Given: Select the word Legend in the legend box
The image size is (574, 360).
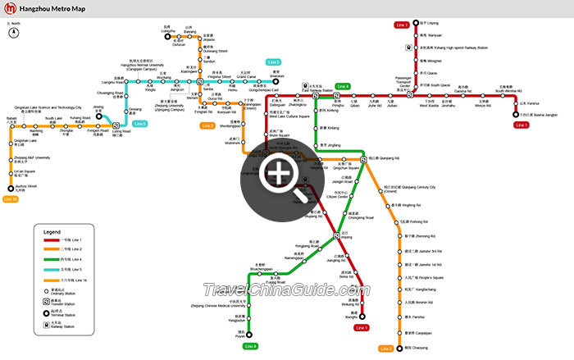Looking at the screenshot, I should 52,232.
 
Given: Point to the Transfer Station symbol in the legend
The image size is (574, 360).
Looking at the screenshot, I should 47,300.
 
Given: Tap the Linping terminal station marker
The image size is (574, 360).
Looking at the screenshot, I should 412,24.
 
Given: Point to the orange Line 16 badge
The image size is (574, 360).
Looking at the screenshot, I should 11,198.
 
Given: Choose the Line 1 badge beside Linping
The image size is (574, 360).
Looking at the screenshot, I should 402,25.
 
